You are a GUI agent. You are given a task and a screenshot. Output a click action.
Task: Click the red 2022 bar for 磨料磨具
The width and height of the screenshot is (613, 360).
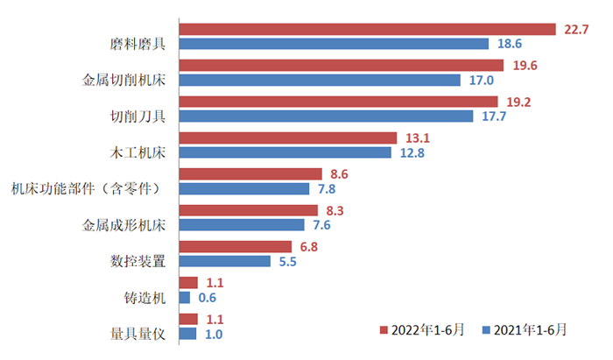(x=367, y=29)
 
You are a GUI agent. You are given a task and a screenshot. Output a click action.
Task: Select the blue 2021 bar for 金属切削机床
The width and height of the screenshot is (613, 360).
(x=320, y=80)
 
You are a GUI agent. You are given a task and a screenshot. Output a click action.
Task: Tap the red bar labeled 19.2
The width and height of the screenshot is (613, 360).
(x=338, y=102)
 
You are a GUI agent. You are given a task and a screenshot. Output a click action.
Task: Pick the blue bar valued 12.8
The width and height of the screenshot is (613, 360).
(x=285, y=152)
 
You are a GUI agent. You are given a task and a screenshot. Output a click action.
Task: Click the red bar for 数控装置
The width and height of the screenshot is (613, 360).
(x=236, y=247)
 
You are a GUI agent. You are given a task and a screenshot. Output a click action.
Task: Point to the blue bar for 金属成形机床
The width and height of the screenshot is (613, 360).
(x=243, y=225)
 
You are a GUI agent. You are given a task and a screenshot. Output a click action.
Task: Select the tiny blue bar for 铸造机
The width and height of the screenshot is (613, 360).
(x=185, y=298)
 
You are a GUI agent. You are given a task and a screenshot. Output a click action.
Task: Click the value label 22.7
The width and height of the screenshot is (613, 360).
(x=576, y=30)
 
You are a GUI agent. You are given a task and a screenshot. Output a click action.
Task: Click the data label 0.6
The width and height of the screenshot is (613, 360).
(x=208, y=298)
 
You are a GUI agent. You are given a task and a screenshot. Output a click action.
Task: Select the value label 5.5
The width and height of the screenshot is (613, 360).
(x=288, y=262)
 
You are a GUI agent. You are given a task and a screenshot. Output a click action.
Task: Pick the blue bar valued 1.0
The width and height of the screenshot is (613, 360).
(x=187, y=334)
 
